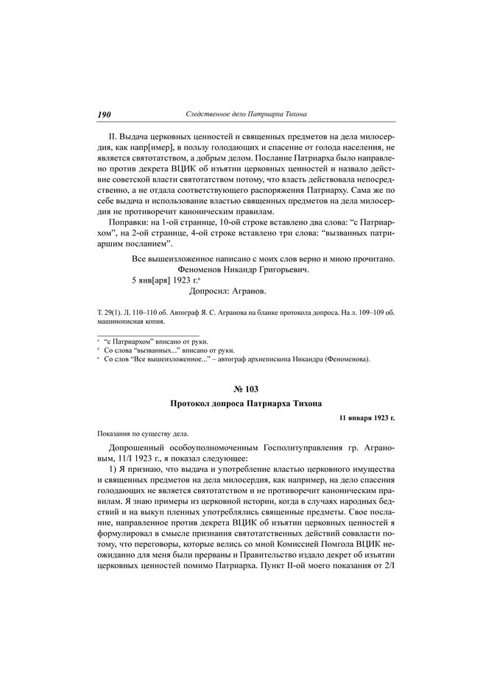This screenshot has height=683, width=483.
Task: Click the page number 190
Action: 103,114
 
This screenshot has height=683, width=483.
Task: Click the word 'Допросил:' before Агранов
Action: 211,292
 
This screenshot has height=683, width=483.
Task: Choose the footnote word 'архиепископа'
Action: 282,359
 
